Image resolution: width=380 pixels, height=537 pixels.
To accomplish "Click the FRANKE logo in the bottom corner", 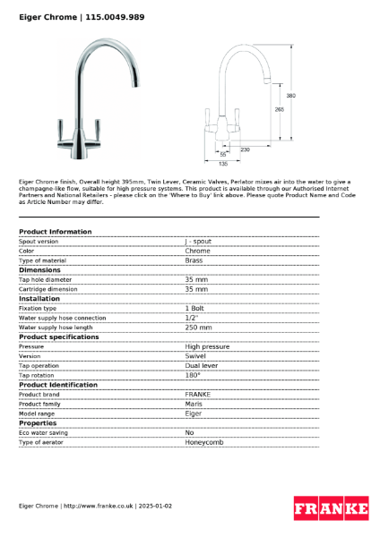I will tap(331, 508).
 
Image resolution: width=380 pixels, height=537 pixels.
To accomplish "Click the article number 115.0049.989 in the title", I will tap(115, 17).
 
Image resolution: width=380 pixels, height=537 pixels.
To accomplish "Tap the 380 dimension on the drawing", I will tap(290, 95).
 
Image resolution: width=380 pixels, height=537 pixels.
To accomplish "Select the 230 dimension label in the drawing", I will tap(245, 149).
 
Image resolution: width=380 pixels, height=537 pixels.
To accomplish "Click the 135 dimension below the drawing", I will tap(223, 163).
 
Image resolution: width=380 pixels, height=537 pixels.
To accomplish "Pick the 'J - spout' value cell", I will tap(199, 241).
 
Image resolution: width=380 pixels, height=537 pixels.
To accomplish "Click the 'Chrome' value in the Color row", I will tap(198, 251).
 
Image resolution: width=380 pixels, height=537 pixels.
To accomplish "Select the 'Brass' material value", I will tap(194, 260).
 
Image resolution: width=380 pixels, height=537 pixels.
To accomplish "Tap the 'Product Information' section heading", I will tap(56, 232).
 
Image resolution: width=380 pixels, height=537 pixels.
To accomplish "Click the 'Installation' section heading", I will tap(39, 298).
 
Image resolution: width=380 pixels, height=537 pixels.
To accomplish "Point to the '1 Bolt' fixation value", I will tap(195, 308).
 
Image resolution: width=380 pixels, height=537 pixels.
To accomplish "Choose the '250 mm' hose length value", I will tap(199, 328).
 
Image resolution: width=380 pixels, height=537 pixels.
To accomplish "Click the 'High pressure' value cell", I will tap(207, 346).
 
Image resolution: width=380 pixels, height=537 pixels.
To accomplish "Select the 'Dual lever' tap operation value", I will tap(202, 365).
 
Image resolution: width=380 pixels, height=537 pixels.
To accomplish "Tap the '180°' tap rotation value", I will tap(193, 375).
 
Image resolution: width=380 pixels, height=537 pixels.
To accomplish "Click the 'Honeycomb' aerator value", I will tap(204, 442).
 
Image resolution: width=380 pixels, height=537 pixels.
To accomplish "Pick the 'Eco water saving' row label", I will tap(44, 432).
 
